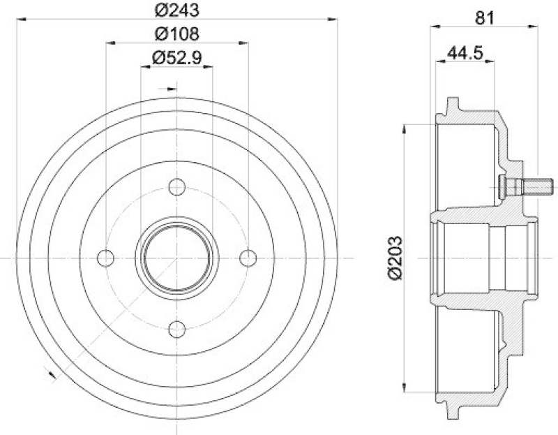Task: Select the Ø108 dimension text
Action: point(176,34)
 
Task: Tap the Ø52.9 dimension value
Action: point(176,58)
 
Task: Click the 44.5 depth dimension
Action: point(465,52)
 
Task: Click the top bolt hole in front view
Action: point(177,187)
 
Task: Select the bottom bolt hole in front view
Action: point(177,329)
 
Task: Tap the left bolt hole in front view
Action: point(106,258)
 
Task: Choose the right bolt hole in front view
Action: point(248,258)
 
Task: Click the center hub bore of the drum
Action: point(177,258)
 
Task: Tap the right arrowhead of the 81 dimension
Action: point(534,27)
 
